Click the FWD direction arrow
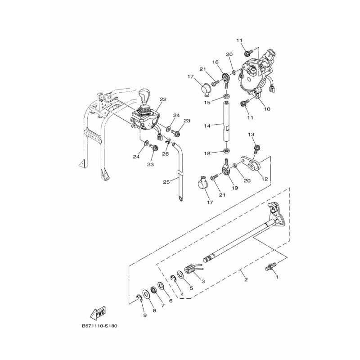98,313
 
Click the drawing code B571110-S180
99,326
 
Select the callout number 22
163,99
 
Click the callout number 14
207,126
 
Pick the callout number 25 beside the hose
166,182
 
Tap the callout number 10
267,109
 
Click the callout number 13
252,134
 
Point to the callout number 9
145,315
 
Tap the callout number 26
165,154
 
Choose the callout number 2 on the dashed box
246,279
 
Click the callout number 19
235,188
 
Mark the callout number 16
216,62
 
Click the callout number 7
163,306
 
